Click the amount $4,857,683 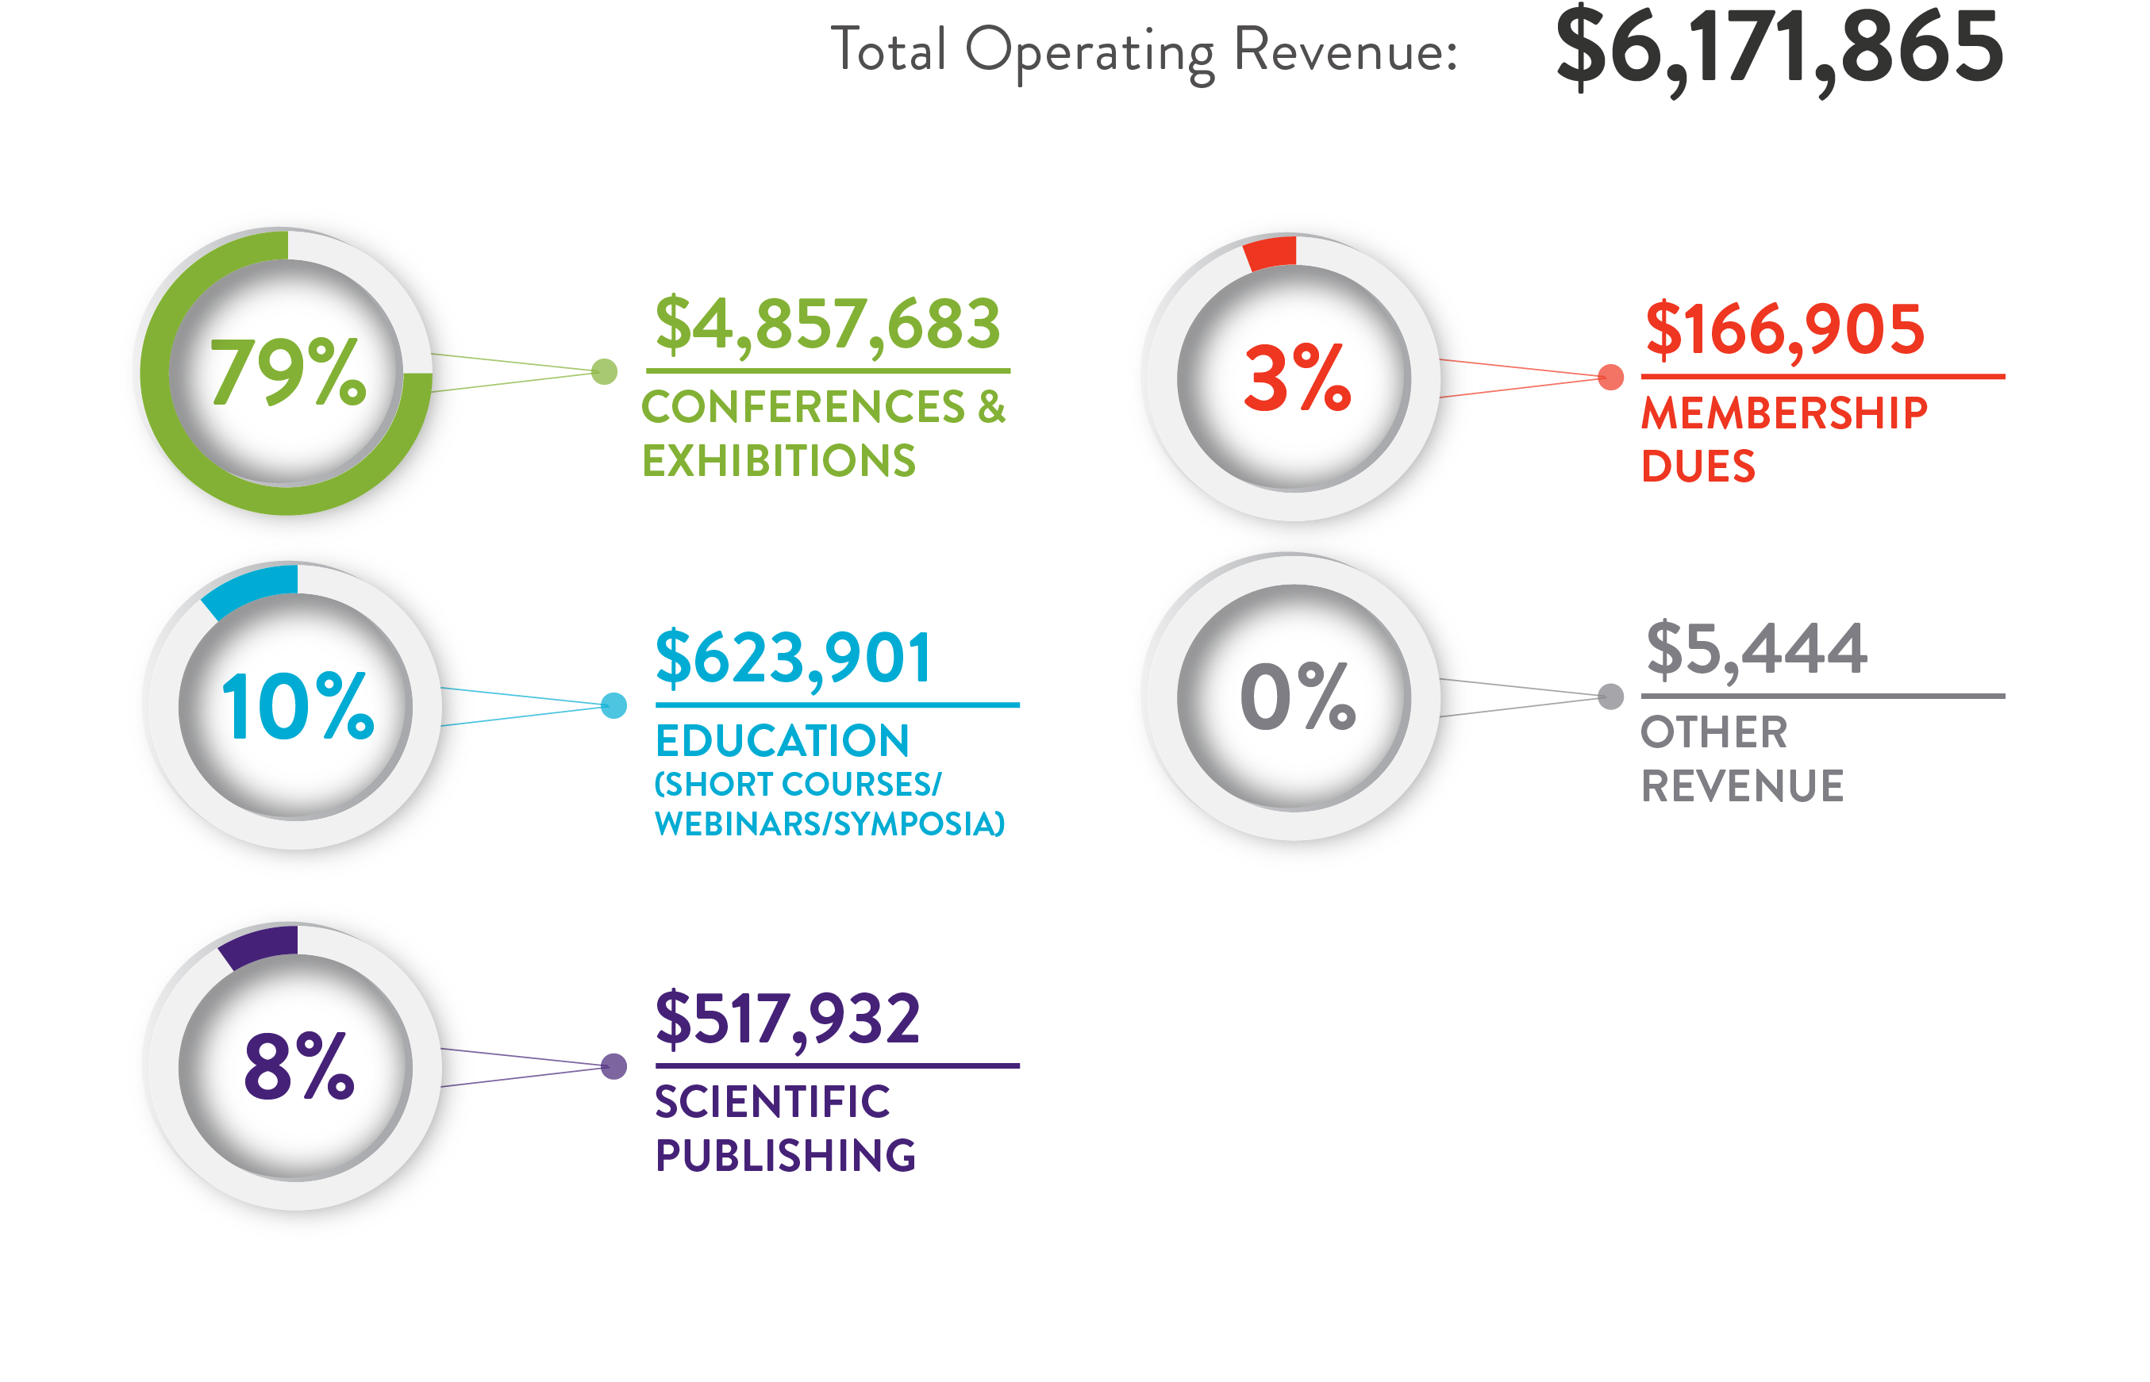[x=827, y=324]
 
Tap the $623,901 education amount [x=794, y=658]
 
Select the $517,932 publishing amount [x=787, y=1019]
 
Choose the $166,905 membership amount [x=1784, y=329]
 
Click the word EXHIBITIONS [x=779, y=460]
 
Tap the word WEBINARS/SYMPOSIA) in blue [x=829, y=823]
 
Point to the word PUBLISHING [x=785, y=1155]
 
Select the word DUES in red [x=1697, y=466]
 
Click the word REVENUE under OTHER [x=1740, y=786]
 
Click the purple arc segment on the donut [x=260, y=946]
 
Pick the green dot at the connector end [x=604, y=371]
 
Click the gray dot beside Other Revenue [x=1610, y=697]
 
